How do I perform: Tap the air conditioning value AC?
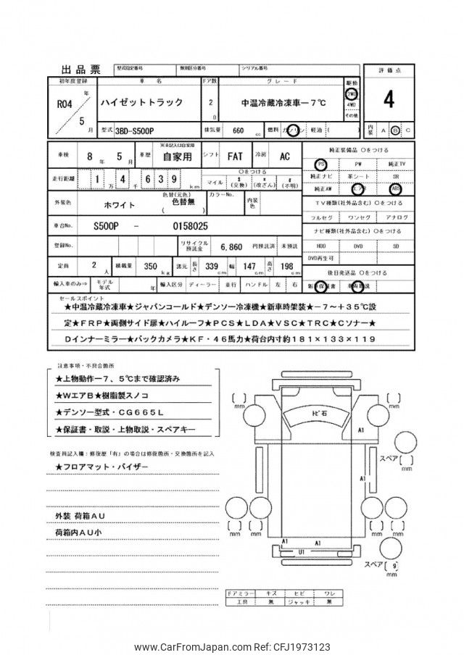point(285,156)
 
